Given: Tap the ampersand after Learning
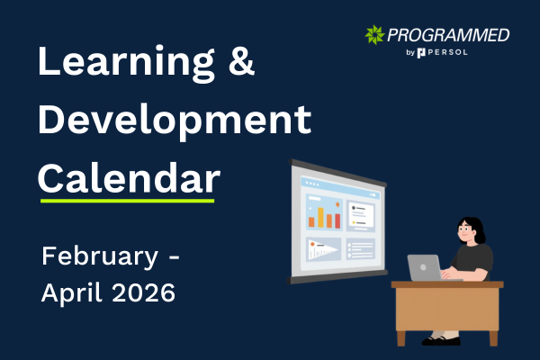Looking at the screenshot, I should (x=241, y=63).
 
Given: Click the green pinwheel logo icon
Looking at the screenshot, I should (x=375, y=35).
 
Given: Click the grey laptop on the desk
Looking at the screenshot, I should (x=425, y=267).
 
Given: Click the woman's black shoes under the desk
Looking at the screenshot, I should (x=442, y=339).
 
